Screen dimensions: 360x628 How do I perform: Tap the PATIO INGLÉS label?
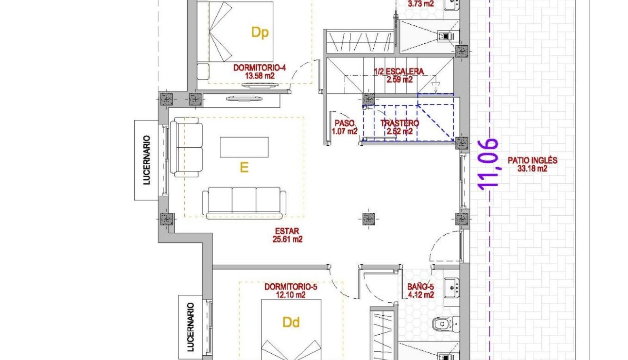pyautogui.click(x=532, y=164)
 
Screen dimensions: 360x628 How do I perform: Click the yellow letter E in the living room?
pyautogui.click(x=244, y=168)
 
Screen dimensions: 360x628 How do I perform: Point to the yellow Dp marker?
pyautogui.click(x=260, y=32)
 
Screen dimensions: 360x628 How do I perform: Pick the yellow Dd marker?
pyautogui.click(x=291, y=322)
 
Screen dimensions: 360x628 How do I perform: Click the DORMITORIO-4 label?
pyautogui.click(x=259, y=71)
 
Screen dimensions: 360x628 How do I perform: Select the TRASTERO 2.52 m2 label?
pyautogui.click(x=399, y=127)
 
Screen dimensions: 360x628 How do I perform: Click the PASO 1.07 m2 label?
pyautogui.click(x=345, y=127)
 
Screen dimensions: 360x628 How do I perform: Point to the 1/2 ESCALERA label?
pyautogui.click(x=399, y=75)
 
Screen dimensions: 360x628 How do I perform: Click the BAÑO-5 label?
pyautogui.click(x=420, y=291)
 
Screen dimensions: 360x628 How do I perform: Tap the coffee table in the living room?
pyautogui.click(x=244, y=147)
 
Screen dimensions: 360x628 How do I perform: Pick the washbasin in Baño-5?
pyautogui.click(x=451, y=287)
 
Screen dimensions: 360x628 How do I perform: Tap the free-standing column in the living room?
pyautogui.click(x=367, y=219)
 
